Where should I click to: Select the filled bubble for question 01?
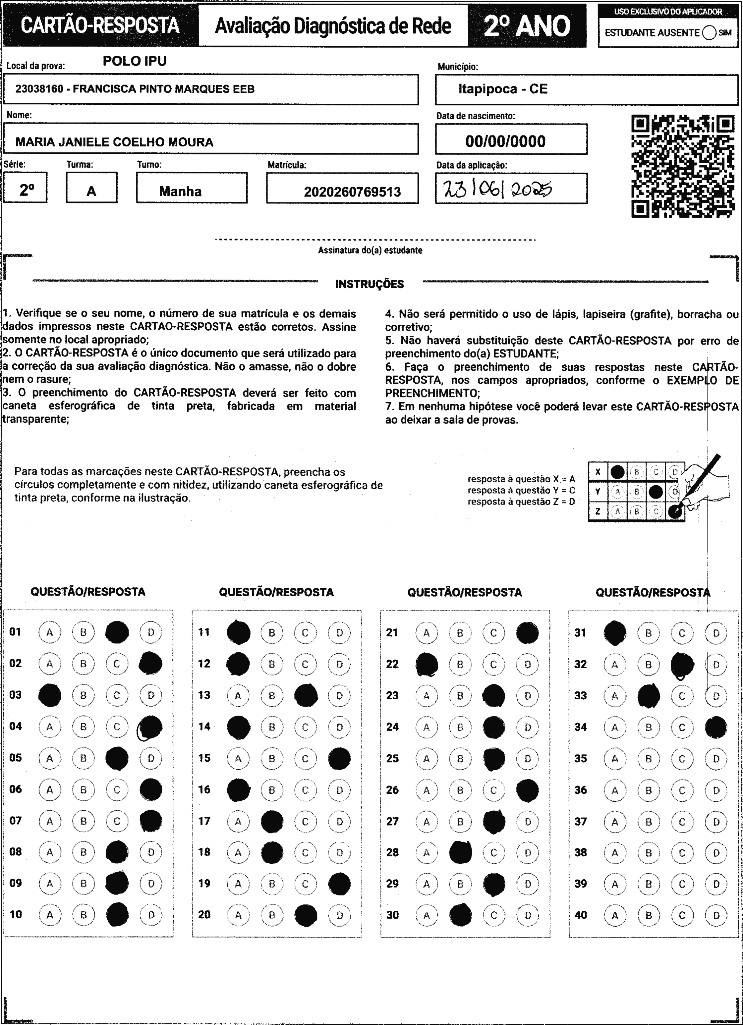coord(117,632)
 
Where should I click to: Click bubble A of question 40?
coord(614,915)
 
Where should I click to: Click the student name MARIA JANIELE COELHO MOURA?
coord(114,142)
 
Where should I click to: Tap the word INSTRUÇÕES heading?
coord(370,284)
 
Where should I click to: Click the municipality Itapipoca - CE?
coord(502,89)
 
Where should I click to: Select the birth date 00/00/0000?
coord(505,141)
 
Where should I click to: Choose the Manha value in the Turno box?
coord(180,191)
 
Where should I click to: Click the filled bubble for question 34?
coord(716,727)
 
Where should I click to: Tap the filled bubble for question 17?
coord(272,822)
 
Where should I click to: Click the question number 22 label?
coord(392,664)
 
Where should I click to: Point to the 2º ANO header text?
coord(527,26)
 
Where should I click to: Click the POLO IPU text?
coord(134,61)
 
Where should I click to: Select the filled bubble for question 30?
coord(460,915)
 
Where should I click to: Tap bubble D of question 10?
coord(151,915)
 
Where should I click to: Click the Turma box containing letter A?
coord(91,188)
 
